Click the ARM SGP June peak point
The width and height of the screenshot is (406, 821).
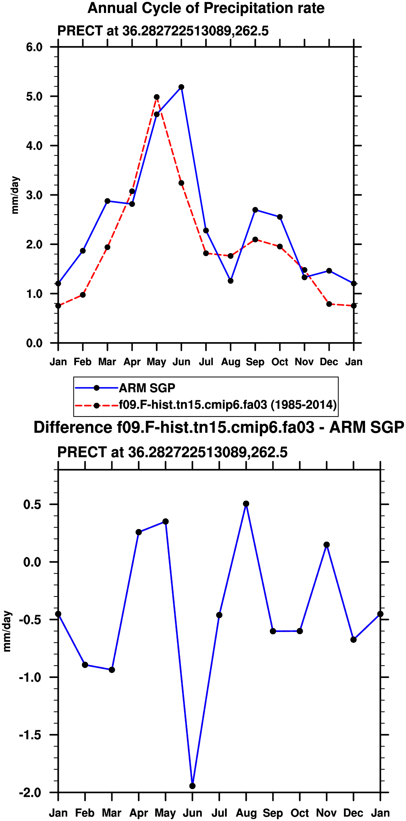[x=181, y=87]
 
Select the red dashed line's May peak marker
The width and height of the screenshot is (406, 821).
[x=156, y=97]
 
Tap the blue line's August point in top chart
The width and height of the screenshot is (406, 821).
[x=230, y=281]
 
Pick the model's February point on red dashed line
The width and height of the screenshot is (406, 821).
[x=83, y=295]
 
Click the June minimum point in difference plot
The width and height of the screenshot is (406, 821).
[x=192, y=786]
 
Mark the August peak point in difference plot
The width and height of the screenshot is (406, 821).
[x=246, y=504]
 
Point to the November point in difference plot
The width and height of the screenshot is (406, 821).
[x=327, y=545]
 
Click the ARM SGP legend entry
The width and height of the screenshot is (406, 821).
[x=147, y=388]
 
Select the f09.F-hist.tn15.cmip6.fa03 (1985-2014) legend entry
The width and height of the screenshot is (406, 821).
[x=227, y=405]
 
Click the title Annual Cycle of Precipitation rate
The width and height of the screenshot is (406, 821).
[x=206, y=8]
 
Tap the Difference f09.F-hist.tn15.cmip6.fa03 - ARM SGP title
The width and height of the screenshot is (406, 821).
[x=219, y=428]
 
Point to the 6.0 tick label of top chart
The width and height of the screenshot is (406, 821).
[x=34, y=47]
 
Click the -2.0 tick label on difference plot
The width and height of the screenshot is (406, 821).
[x=30, y=792]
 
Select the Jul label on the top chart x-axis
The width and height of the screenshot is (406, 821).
[x=206, y=362]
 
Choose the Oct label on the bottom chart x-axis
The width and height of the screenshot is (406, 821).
[x=300, y=813]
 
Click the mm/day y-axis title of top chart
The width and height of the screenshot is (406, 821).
[x=15, y=195]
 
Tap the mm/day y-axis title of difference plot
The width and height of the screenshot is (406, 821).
[x=7, y=631]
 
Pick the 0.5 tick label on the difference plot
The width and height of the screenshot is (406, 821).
[x=32, y=504]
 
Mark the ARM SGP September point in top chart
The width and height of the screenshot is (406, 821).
[x=255, y=210]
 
